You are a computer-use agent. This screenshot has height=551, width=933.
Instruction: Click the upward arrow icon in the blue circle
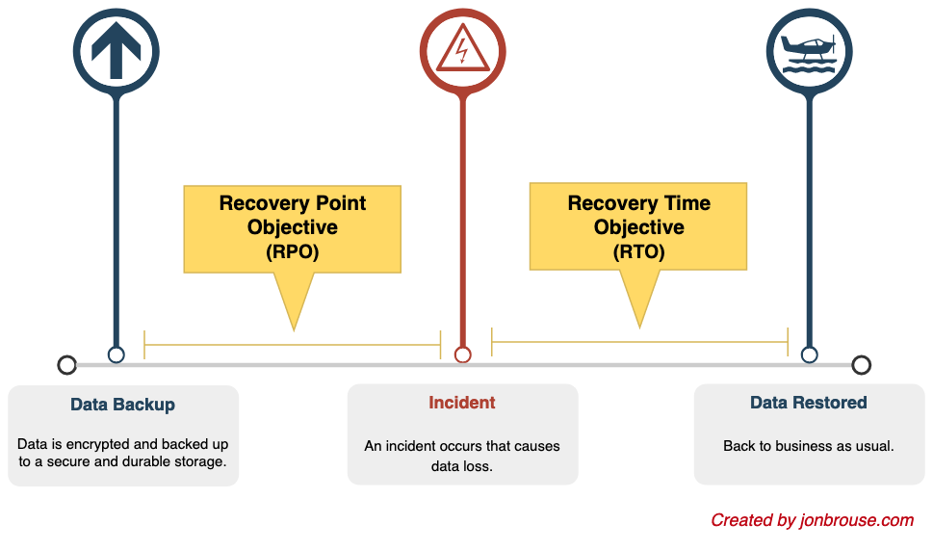click(117, 51)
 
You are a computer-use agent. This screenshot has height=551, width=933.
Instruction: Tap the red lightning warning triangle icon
click(462, 49)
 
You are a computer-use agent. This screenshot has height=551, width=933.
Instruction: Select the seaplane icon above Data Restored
click(809, 53)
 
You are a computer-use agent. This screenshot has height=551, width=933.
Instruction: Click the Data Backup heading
click(122, 405)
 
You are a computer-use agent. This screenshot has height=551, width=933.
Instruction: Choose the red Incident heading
click(462, 403)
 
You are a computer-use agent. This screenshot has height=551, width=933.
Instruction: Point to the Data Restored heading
click(808, 403)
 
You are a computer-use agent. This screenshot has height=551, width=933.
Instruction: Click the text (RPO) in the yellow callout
click(292, 251)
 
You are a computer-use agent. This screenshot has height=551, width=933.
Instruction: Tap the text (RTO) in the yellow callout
click(638, 251)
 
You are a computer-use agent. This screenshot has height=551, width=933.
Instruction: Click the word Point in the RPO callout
click(340, 203)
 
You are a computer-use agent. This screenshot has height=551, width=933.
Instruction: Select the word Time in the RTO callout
click(687, 203)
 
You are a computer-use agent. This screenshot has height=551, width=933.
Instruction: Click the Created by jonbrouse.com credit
click(813, 520)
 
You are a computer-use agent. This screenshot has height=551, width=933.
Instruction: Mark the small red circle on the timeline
click(462, 354)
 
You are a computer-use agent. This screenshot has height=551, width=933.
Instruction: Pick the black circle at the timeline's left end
click(66, 365)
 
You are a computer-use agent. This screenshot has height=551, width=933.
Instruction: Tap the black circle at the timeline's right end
click(861, 365)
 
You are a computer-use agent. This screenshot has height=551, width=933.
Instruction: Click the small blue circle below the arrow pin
click(117, 354)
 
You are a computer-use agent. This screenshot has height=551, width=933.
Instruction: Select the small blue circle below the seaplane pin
click(809, 354)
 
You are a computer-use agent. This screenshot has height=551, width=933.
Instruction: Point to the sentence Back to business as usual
click(809, 446)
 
